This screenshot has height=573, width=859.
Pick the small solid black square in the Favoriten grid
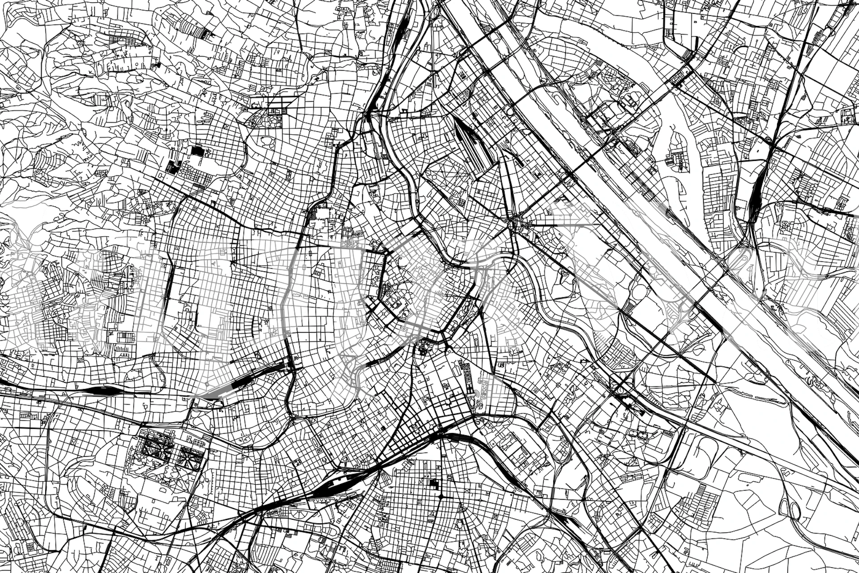[x=432, y=483]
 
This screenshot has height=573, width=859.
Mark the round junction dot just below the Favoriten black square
[x=440, y=497]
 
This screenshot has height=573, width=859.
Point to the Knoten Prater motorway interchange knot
[x=624, y=392]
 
